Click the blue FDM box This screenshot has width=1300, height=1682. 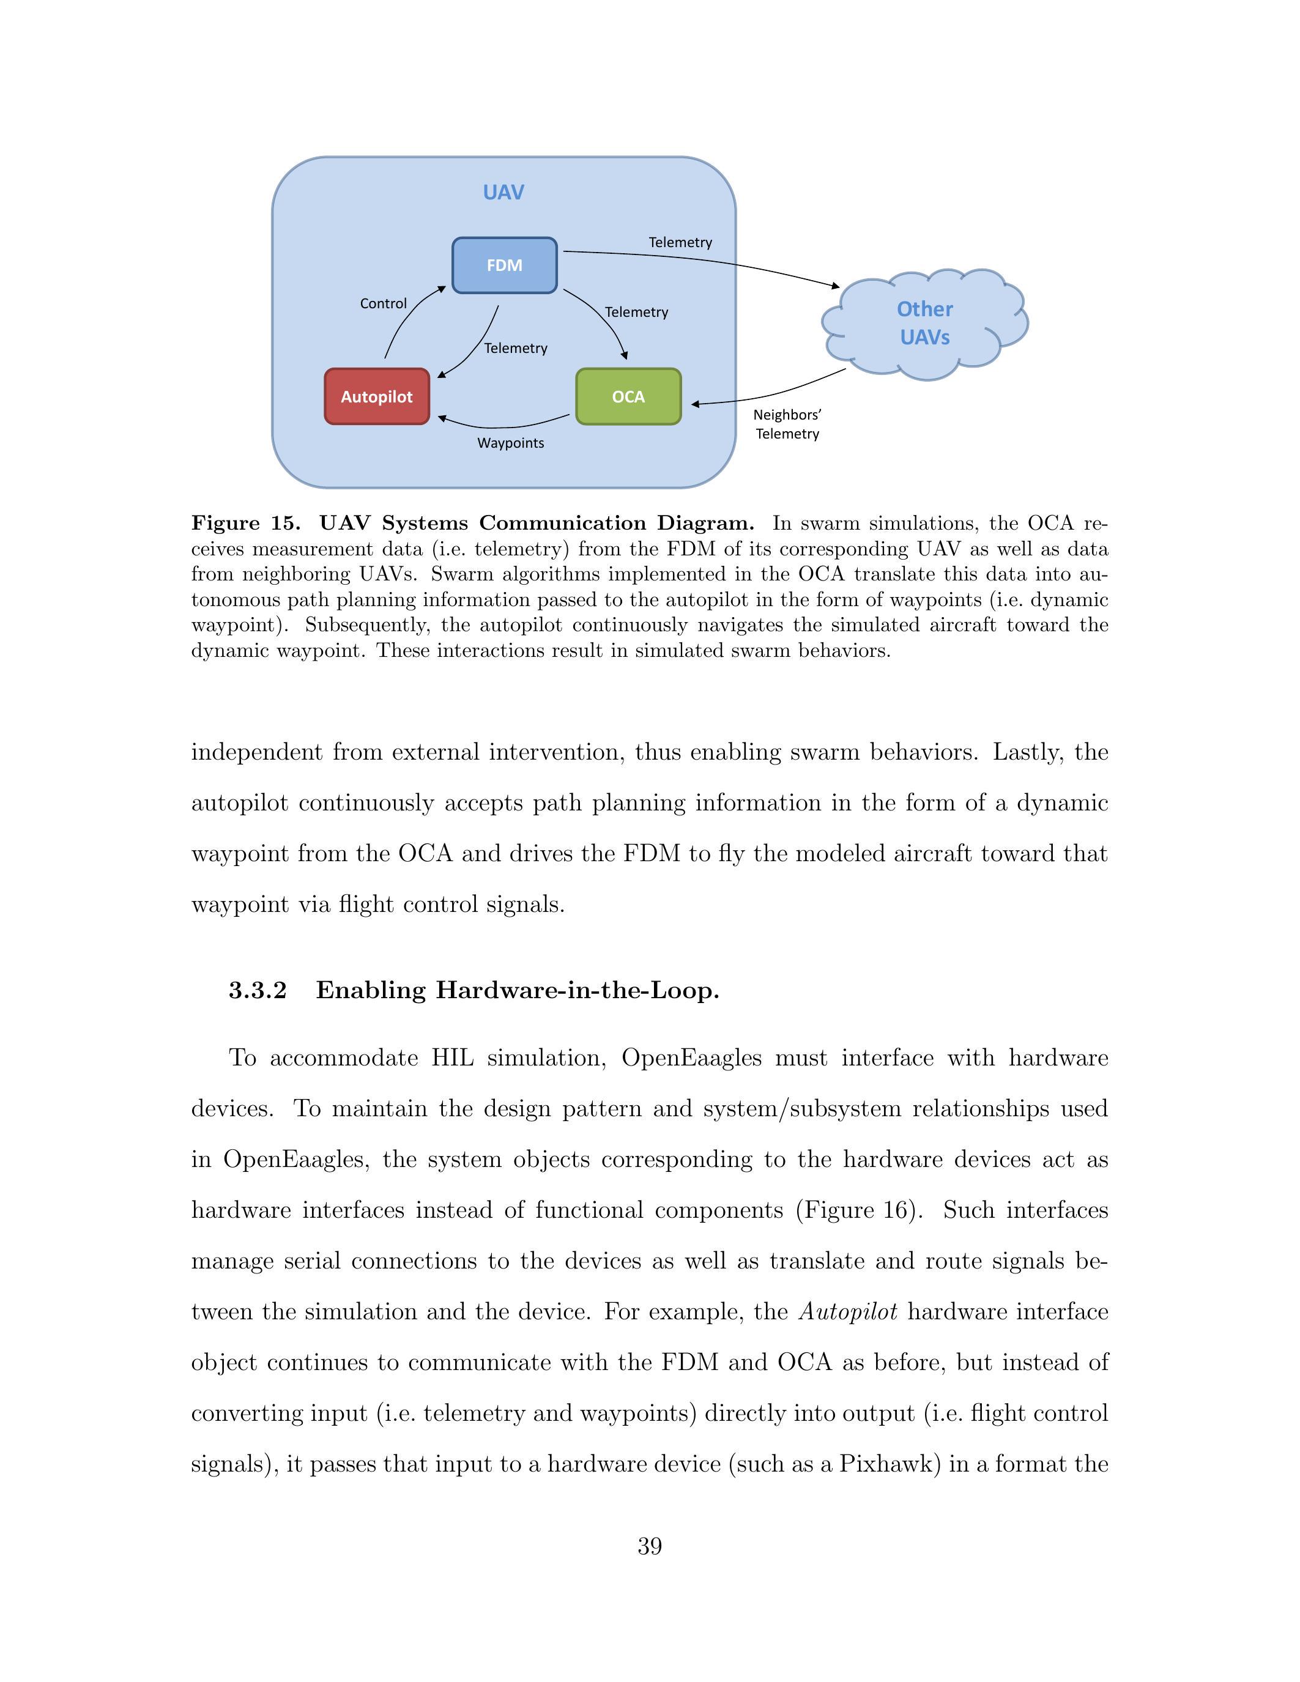505,265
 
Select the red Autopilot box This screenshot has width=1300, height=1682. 377,396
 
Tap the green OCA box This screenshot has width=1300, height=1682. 628,396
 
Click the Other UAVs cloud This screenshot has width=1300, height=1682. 925,324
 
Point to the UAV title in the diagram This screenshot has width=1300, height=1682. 503,193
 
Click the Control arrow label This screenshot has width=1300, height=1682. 383,303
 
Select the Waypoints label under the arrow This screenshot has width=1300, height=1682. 511,443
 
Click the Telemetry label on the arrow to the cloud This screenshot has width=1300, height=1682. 680,243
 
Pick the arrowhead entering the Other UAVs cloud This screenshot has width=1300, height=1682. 836,286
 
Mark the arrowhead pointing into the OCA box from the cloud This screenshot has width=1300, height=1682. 695,404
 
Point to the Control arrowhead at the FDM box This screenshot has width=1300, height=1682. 442,289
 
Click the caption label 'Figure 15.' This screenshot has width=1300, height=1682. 245,524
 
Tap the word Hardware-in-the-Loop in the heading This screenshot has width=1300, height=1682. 577,990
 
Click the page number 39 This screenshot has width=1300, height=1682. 649,1546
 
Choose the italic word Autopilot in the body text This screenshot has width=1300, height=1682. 848,1311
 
